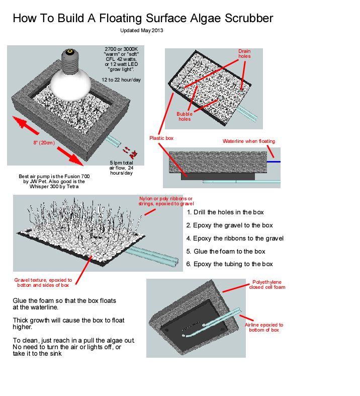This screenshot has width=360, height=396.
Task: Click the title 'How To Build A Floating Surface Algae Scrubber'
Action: tap(143, 19)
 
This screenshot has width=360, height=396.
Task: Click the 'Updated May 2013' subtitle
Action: tap(141, 30)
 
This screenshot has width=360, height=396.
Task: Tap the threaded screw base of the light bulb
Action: tap(70, 60)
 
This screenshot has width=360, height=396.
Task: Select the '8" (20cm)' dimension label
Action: tap(44, 143)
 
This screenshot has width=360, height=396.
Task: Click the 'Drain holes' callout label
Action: tap(244, 53)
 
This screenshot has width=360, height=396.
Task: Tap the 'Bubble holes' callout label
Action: tap(185, 116)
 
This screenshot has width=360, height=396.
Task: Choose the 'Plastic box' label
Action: tap(161, 138)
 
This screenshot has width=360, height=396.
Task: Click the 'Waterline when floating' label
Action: tap(249, 141)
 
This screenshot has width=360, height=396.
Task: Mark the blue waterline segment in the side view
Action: tap(274, 162)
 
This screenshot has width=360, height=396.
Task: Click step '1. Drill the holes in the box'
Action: tap(225, 212)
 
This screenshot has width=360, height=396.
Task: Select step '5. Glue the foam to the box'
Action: tap(226, 251)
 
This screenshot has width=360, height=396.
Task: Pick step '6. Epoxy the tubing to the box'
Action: tap(230, 264)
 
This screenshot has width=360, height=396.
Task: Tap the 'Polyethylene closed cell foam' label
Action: tap(267, 285)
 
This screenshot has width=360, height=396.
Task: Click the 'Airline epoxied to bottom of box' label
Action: tap(264, 327)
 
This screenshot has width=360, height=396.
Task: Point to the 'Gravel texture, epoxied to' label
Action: tap(43, 280)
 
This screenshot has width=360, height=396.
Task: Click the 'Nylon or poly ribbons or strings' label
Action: tap(166, 201)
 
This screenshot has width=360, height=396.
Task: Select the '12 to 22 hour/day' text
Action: tap(121, 80)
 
